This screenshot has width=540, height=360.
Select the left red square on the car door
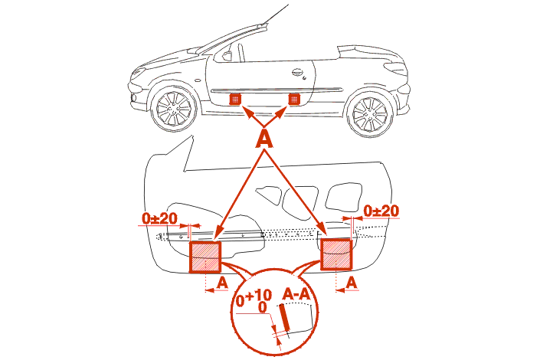236,99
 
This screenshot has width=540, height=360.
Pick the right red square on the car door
293,98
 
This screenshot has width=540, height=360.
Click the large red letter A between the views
263,138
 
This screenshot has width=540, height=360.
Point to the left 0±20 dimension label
159,218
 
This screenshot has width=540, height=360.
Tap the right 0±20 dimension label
381,210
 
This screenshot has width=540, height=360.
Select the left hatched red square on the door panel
205,257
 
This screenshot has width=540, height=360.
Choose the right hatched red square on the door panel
335,254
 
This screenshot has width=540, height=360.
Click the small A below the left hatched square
222,283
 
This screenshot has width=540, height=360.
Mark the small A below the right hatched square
352,283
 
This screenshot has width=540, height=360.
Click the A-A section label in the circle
297,293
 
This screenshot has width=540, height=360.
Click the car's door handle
297,73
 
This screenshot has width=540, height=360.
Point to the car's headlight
139,74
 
